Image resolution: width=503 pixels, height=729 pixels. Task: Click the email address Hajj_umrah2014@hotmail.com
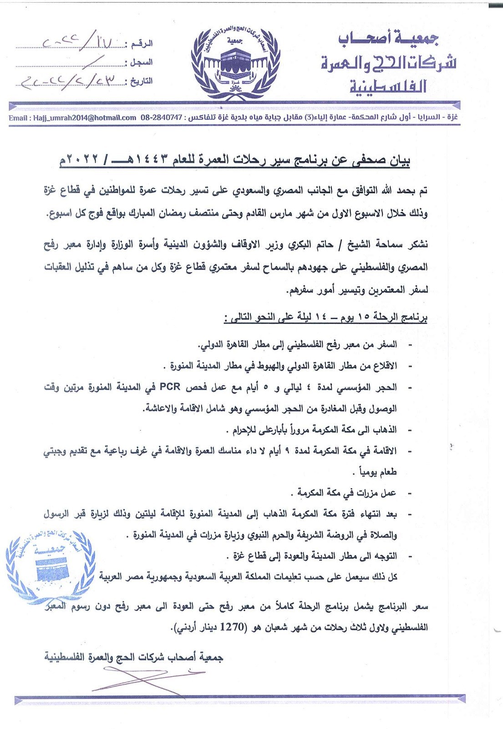tap(72, 118)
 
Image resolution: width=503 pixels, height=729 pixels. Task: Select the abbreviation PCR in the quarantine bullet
tap(170, 387)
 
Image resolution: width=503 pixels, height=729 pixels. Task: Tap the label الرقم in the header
tap(142, 44)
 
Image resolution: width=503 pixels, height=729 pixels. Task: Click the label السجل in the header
tap(142, 62)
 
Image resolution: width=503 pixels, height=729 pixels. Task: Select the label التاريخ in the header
tap(141, 82)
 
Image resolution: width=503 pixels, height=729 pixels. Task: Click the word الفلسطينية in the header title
tap(388, 86)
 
